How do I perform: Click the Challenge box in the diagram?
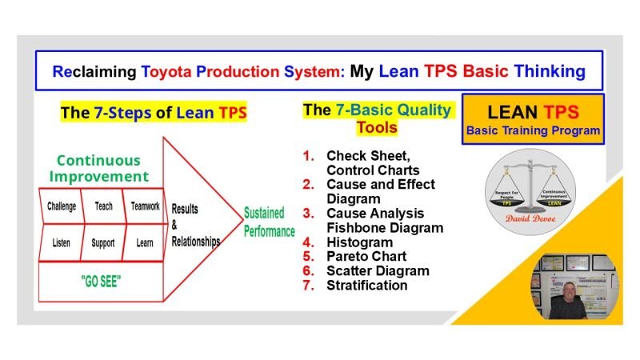(62, 206)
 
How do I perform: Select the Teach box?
(103, 206)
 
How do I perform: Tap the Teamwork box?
(144, 206)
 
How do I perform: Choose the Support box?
(102, 241)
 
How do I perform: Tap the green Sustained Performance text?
(270, 222)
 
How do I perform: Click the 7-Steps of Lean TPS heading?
(154, 113)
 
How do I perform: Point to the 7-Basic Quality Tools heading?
(377, 118)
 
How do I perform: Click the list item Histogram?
(359, 242)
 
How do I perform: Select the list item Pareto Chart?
(366, 257)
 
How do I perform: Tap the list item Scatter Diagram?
(377, 271)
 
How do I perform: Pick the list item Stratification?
(366, 286)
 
